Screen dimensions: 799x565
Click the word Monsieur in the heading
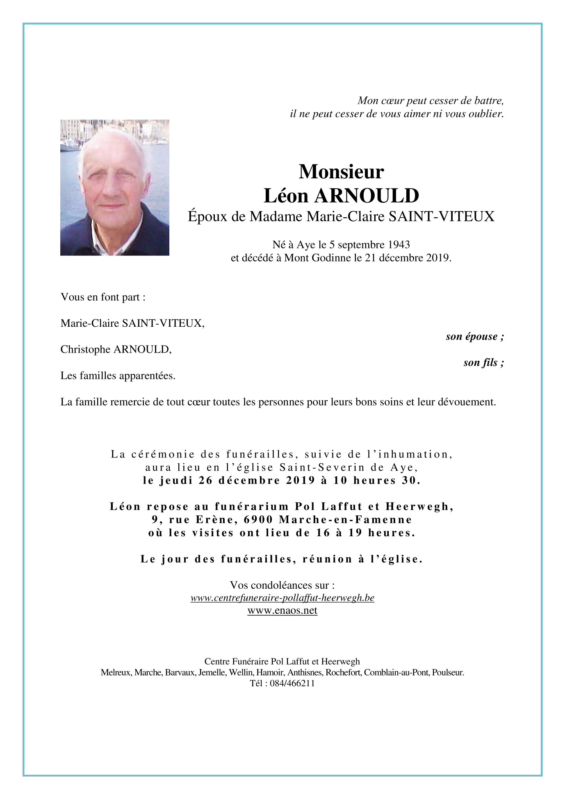pos(341,172)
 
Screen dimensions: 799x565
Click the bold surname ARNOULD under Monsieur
pos(367,196)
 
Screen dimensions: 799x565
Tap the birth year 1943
pos(399,245)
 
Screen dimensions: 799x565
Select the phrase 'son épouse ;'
pos(475,337)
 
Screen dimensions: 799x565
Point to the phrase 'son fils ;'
pos(483,363)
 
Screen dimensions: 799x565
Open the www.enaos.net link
pos(282,611)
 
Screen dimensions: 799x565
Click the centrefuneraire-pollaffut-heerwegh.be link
pos(282,598)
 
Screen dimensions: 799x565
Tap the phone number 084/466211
pos(292,683)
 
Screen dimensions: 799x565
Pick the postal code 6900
pos(258,520)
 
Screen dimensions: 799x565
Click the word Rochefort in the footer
pos(343,672)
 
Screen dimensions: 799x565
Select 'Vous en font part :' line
pos(103,297)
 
